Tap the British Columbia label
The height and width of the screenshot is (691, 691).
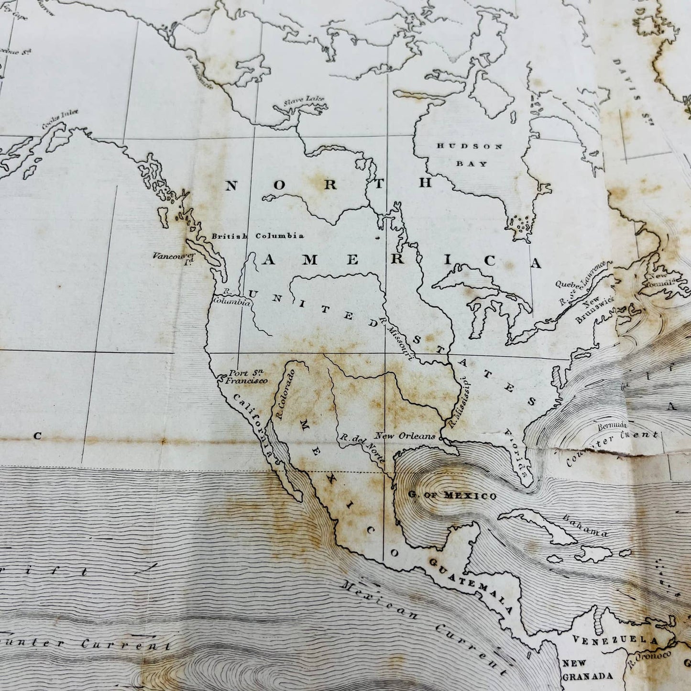pos(258,236)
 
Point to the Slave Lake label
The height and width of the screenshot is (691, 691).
pos(304,100)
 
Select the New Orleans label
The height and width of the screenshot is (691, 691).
pos(405,436)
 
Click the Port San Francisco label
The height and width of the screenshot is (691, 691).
pos(247,377)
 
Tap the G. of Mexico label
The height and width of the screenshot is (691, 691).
pos(452,496)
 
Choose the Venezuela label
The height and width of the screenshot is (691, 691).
pos(615,640)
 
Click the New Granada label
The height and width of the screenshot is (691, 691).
pos(587,669)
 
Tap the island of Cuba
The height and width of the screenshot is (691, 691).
pos(536,524)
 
